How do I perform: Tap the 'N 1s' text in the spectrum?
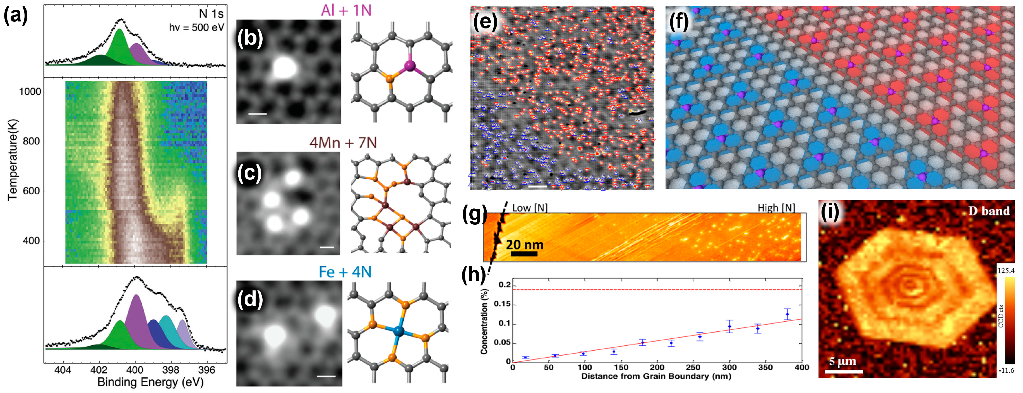coord(211,14)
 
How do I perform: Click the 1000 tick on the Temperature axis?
coord(30,92)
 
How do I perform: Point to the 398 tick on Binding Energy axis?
coord(171,370)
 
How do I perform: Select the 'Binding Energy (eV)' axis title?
coord(150,382)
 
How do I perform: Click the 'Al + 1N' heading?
coord(346,10)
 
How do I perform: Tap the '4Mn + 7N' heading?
coord(343,142)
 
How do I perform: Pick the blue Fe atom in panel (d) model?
coord(398,331)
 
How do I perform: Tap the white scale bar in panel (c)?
coord(327,248)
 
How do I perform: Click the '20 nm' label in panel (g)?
coord(525,245)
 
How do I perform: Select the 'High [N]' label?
coord(776,208)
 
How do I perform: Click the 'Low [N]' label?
coord(530,208)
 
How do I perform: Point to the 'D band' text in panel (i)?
coord(988,211)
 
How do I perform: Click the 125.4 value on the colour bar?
coord(1005,271)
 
